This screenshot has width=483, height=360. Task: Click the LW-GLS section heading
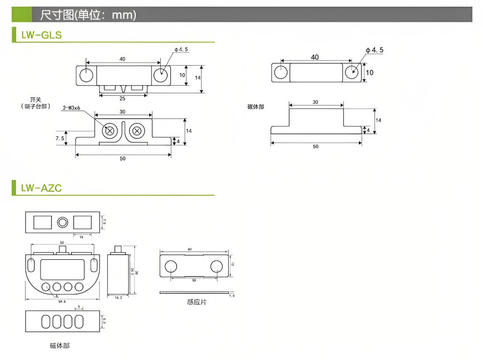[x=41, y=35]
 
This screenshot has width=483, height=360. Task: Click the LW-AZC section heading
[x=41, y=188]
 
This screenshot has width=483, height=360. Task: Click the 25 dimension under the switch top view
[x=122, y=98]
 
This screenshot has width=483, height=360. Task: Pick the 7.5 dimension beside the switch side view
[x=60, y=137]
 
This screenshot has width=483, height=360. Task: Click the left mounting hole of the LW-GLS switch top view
[x=86, y=75]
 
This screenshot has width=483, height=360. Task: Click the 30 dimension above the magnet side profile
[x=316, y=102]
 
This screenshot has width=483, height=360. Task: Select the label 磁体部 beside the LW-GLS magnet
[x=256, y=106]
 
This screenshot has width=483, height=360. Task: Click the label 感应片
[x=196, y=302]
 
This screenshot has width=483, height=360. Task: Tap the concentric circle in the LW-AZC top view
[x=62, y=223]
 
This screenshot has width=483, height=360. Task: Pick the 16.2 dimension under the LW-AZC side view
[x=117, y=298]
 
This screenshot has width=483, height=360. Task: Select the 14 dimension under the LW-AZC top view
[x=82, y=237]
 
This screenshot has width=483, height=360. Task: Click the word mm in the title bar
[x=124, y=15]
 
